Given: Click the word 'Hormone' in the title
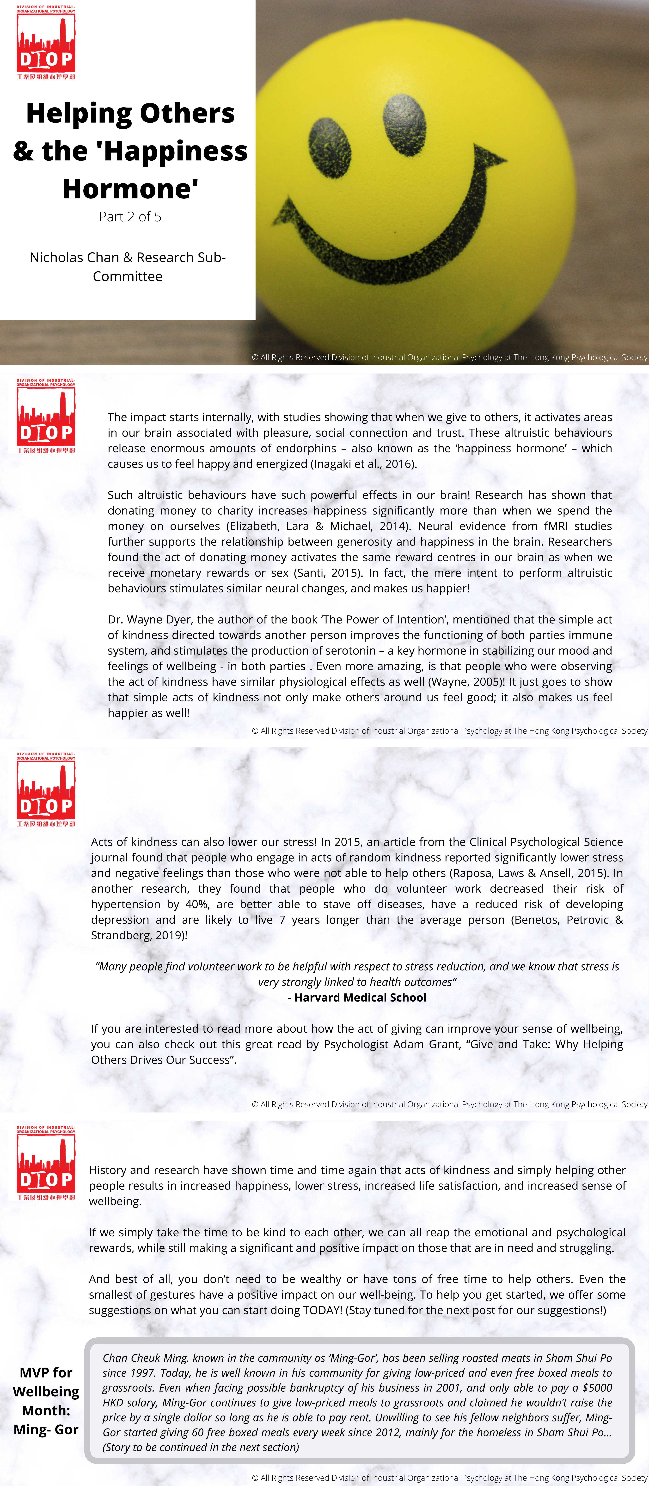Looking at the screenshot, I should (130, 189).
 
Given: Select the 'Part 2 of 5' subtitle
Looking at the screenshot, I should (130, 217).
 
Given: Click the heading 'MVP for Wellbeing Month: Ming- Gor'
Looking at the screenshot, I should (46, 1401).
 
